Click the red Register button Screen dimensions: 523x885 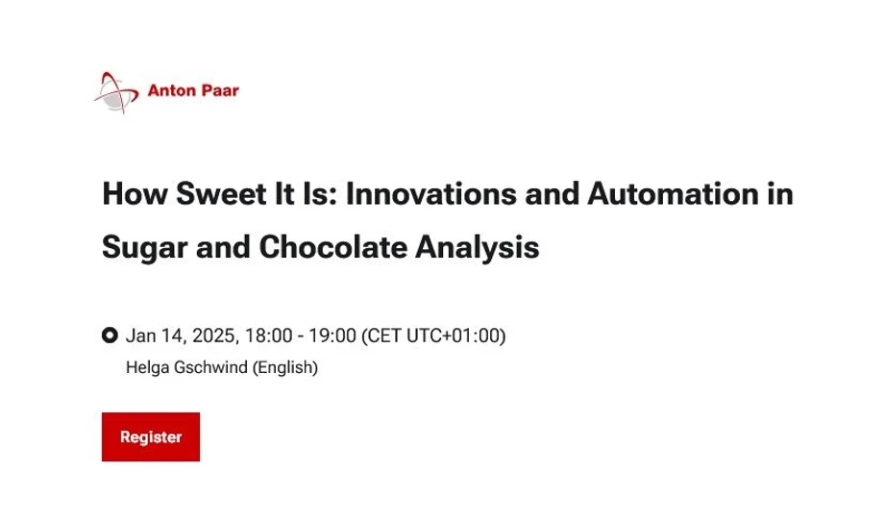tap(151, 437)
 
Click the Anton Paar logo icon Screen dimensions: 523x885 tap(117, 91)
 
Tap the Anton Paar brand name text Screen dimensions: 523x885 tap(193, 91)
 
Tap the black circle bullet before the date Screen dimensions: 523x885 tap(110, 336)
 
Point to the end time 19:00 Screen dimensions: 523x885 tap(332, 336)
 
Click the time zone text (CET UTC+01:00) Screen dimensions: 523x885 tap(433, 336)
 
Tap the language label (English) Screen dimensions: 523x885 tap(284, 366)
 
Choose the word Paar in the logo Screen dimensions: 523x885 tap(220, 91)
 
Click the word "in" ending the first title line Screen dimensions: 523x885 tap(781, 194)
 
